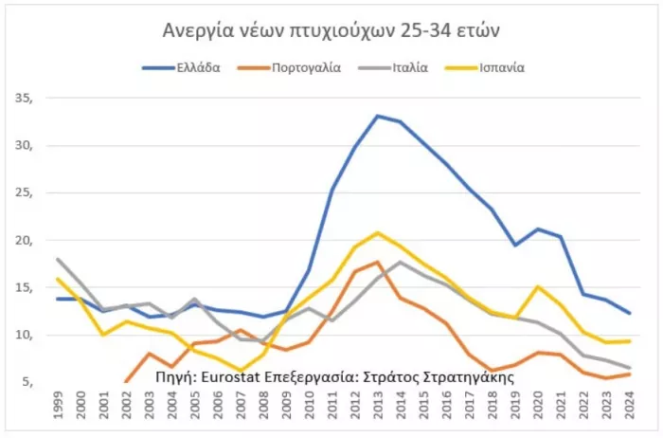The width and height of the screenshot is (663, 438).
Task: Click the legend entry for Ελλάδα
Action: pos(198,67)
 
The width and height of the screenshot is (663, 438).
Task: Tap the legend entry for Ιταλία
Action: pos(408,67)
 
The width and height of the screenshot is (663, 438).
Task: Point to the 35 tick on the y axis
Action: pos(23,98)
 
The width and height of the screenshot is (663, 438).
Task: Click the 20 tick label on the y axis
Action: pos(23,240)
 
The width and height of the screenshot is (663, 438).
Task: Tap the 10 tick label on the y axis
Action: pos(23,335)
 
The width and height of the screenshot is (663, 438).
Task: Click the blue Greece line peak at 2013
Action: pos(377,116)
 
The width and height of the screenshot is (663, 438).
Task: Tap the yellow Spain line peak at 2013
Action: pos(378,232)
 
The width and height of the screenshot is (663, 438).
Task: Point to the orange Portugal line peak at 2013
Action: pos(377,263)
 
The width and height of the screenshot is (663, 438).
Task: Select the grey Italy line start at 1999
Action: pos(59,259)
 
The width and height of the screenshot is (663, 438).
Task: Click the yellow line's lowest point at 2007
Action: pos(242,371)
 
